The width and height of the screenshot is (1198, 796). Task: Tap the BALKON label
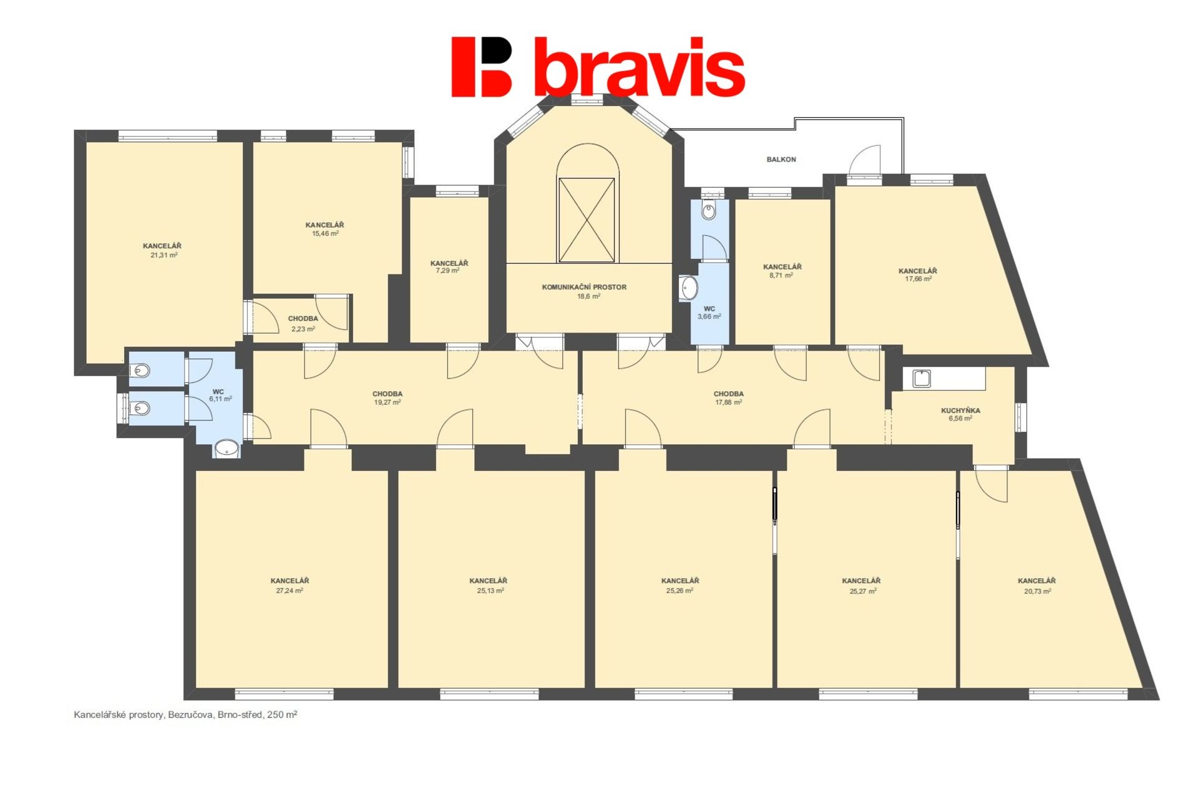(x=781, y=160)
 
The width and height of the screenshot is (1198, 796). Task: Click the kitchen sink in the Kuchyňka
(x=922, y=379)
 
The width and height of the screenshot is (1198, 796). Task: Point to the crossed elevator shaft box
(x=587, y=220)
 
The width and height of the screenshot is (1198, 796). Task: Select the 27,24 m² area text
(x=290, y=591)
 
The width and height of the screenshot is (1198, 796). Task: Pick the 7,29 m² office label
(x=449, y=267)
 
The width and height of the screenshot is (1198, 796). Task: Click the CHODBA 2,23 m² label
(x=303, y=324)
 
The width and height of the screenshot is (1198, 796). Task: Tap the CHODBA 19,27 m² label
(x=387, y=398)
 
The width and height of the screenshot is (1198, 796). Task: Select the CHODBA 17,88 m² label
(x=729, y=398)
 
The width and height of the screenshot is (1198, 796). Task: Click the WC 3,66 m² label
(x=709, y=313)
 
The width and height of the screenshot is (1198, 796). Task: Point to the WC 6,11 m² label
(x=220, y=396)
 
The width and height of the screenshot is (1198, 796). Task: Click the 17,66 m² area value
(x=918, y=279)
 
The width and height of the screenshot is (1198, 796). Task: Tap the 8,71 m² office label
(x=782, y=271)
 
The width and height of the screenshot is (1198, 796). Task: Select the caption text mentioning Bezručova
(x=185, y=715)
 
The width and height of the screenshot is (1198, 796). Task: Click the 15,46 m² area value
(x=325, y=234)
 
